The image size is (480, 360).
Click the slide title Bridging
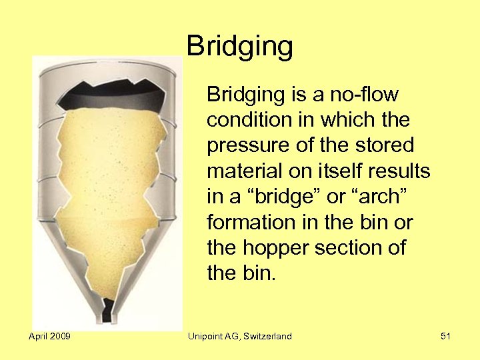pos(240,47)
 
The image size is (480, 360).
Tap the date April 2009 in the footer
pos(50,336)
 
